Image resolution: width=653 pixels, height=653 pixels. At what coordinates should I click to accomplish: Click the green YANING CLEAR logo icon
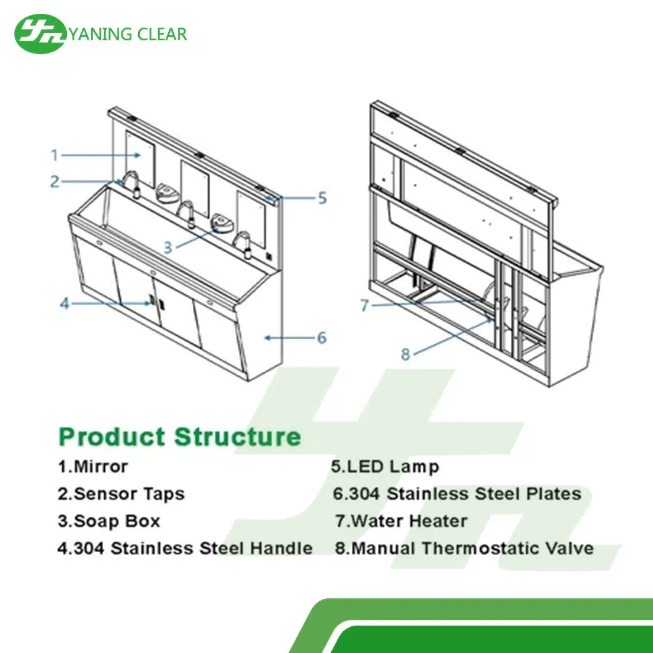pyautogui.click(x=40, y=34)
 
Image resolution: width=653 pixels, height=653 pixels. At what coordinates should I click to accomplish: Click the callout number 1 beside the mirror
pyautogui.click(x=55, y=155)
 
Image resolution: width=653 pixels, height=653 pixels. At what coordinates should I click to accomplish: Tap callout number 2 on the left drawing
pyautogui.click(x=55, y=182)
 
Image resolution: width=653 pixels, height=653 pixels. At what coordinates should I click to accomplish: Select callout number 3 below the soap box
pyautogui.click(x=168, y=248)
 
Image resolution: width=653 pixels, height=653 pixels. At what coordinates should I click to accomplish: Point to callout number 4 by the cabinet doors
pyautogui.click(x=64, y=303)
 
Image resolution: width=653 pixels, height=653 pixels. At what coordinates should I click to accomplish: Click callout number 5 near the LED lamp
pyautogui.click(x=322, y=198)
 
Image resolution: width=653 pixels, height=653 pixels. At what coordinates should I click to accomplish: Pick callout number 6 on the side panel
pyautogui.click(x=322, y=338)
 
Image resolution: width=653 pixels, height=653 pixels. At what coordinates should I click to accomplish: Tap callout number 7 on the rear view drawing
pyautogui.click(x=364, y=306)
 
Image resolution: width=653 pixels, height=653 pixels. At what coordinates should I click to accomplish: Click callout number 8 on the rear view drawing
pyautogui.click(x=405, y=354)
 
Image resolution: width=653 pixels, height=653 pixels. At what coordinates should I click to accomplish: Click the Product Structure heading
pyautogui.click(x=180, y=436)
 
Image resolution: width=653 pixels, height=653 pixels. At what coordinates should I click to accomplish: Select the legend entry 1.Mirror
pyautogui.click(x=93, y=466)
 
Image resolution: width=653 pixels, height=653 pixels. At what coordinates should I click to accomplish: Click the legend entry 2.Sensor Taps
pyautogui.click(x=121, y=494)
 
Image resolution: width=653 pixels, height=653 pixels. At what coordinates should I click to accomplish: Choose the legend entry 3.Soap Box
pyautogui.click(x=109, y=521)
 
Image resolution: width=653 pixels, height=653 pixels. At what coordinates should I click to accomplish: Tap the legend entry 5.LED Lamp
pyautogui.click(x=385, y=466)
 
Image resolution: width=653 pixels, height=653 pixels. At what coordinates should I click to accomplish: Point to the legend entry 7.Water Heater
pyautogui.click(x=401, y=521)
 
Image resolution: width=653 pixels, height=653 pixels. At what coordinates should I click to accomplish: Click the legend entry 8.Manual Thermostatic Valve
pyautogui.click(x=464, y=548)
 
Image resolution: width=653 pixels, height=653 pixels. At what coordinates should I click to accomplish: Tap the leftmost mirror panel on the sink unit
pyautogui.click(x=139, y=157)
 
